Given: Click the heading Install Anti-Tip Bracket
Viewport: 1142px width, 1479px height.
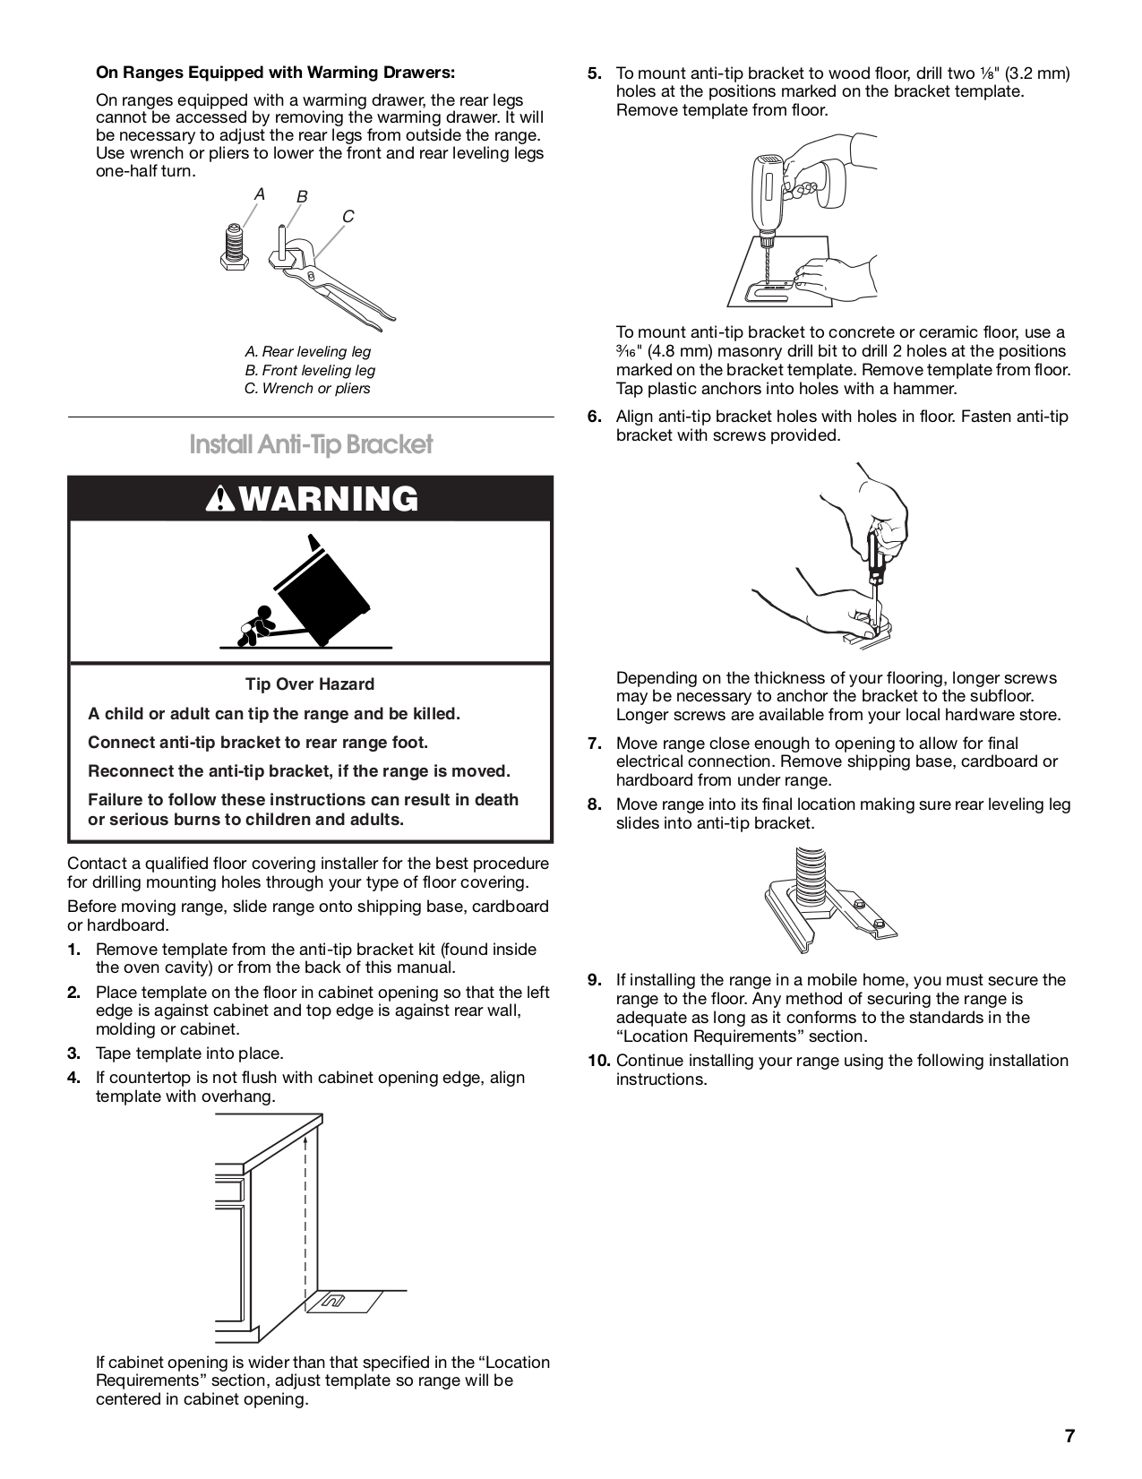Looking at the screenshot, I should point(311,444).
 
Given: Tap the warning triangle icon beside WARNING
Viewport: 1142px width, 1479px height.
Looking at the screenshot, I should point(217,500).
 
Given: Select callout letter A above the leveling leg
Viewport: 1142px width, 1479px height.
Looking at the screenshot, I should point(260,193).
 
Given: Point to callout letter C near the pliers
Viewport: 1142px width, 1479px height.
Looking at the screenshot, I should point(348,217).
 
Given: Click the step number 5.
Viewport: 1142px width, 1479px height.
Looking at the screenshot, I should point(595,73).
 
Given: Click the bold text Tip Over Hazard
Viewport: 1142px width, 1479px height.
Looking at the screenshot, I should point(310,684).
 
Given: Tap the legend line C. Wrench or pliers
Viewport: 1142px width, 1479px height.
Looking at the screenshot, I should point(307,389).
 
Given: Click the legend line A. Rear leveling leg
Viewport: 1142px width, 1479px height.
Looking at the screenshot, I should point(307,352).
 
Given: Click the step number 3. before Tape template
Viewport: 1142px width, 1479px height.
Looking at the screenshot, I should point(74,1053).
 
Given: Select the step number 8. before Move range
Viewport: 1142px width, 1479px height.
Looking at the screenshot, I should point(595,804).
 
